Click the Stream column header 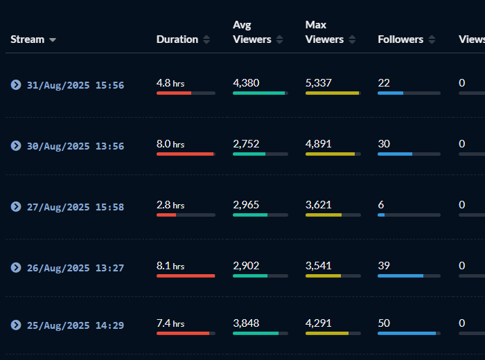pyautogui.click(x=28, y=39)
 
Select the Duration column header pyautogui.click(x=177, y=39)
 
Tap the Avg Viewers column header pyautogui.click(x=252, y=33)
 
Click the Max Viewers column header pyautogui.click(x=324, y=33)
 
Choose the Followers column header pyautogui.click(x=400, y=39)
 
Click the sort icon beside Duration pyautogui.click(x=206, y=39)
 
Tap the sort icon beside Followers pyautogui.click(x=432, y=39)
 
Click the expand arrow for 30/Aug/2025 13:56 pyautogui.click(x=15, y=146)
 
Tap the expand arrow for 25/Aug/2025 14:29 pyautogui.click(x=15, y=325)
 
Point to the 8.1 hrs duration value pyautogui.click(x=170, y=266)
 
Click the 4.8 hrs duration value pyautogui.click(x=170, y=83)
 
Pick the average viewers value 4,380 pyautogui.click(x=246, y=83)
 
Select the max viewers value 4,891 pyautogui.click(x=318, y=144)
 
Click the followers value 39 pyautogui.click(x=383, y=266)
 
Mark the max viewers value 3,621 pyautogui.click(x=318, y=205)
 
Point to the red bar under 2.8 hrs pyautogui.click(x=166, y=215)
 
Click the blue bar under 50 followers pyautogui.click(x=407, y=334)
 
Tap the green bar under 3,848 pyautogui.click(x=256, y=334)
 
